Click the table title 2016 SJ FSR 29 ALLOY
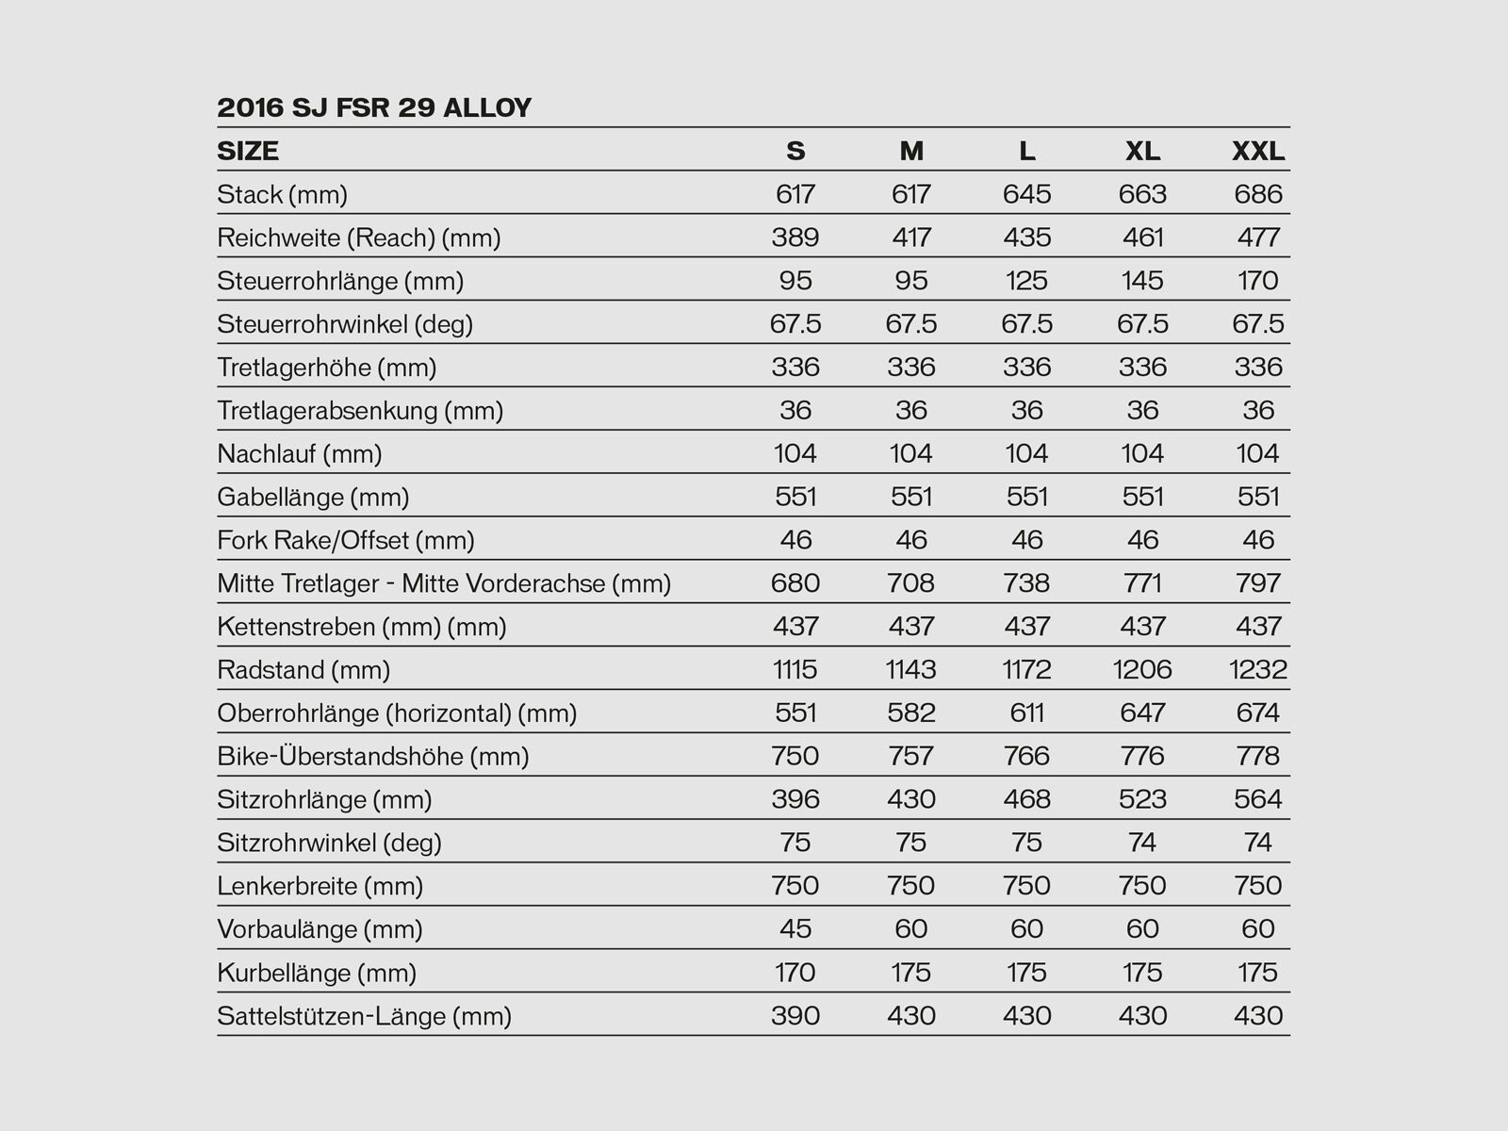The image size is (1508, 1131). [374, 107]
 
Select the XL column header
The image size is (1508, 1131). [1142, 151]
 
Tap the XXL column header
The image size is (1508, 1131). [1258, 151]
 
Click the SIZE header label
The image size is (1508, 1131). [248, 151]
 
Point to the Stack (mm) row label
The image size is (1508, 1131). [282, 195]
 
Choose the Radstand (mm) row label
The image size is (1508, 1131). [303, 670]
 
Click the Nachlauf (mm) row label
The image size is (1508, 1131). [300, 454]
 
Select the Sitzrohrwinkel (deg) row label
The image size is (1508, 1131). [329, 843]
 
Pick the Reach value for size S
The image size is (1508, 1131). [795, 238]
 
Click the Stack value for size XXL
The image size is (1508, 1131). [1258, 194]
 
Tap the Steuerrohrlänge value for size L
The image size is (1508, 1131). [1026, 281]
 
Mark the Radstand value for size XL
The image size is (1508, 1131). [1142, 669]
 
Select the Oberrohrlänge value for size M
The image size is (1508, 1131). [911, 713]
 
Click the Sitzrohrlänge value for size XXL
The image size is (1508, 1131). [1258, 799]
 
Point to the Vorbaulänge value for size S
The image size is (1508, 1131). [795, 929]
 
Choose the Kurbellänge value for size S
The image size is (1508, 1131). [795, 973]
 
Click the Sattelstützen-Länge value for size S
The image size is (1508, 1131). [795, 1016]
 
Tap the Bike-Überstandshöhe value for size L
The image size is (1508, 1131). [1026, 756]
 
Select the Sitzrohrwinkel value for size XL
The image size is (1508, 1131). [1142, 843]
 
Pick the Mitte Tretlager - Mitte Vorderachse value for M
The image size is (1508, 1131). [911, 583]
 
